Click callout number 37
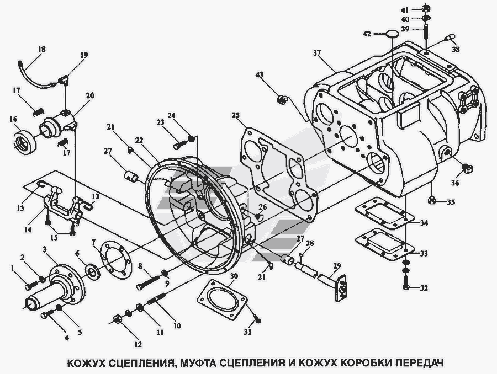pos(316,54)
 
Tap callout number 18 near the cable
pos(41,49)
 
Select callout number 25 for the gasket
pos(235,116)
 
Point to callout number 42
pos(367,34)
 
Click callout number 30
pos(234,276)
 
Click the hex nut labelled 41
pos(426,9)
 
